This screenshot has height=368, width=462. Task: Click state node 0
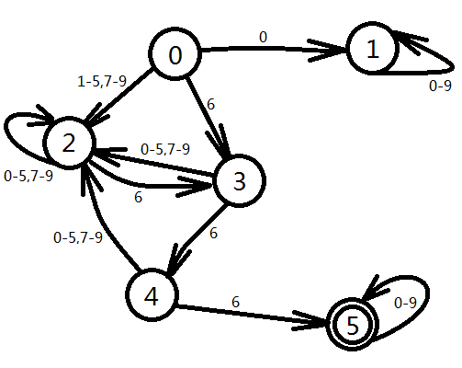pyautogui.click(x=175, y=54)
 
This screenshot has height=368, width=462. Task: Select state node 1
pyautogui.click(x=372, y=49)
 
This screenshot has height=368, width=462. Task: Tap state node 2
pyautogui.click(x=69, y=143)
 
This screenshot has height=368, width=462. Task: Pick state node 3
pyautogui.click(x=239, y=181)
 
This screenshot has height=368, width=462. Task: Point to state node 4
pyautogui.click(x=152, y=295)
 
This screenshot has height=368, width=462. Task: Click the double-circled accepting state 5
pyautogui.click(x=353, y=325)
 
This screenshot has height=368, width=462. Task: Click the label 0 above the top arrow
pyautogui.click(x=263, y=37)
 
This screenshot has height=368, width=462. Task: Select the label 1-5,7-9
pyautogui.click(x=102, y=82)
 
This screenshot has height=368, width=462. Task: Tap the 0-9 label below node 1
pyautogui.click(x=440, y=86)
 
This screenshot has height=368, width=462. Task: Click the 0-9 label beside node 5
pyautogui.click(x=405, y=303)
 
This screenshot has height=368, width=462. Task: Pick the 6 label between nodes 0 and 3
pyautogui.click(x=211, y=105)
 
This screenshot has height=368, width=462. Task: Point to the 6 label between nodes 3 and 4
pyautogui.click(x=213, y=234)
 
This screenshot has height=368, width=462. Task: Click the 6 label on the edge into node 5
pyautogui.click(x=235, y=302)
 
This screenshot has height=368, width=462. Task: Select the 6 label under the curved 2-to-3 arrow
pyautogui.click(x=138, y=197)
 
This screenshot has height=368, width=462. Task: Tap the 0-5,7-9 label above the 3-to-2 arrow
pyautogui.click(x=165, y=149)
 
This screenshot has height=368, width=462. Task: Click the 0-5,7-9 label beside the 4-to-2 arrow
pyautogui.click(x=78, y=237)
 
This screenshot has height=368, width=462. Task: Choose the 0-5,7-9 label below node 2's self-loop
pyautogui.click(x=28, y=177)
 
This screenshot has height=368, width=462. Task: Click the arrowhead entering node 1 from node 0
pyautogui.click(x=328, y=51)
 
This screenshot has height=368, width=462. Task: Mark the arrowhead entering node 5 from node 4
pyautogui.click(x=310, y=320)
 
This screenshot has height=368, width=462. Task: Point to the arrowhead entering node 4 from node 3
pyautogui.click(x=178, y=259)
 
